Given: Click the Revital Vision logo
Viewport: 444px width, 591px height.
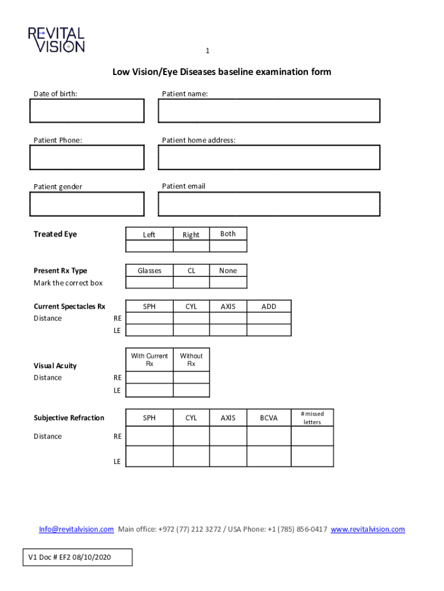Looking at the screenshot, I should click(x=57, y=40).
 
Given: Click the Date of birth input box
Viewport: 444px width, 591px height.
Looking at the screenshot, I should click(x=86, y=111).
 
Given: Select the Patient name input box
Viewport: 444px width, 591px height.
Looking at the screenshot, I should click(x=269, y=111).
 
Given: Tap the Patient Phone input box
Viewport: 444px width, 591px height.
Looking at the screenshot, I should click(x=86, y=157).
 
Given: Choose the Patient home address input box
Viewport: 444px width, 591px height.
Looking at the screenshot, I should click(x=269, y=157).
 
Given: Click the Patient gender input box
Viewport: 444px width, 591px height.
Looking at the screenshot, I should click(x=86, y=204).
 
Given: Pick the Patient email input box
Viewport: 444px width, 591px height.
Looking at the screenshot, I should click(x=269, y=204).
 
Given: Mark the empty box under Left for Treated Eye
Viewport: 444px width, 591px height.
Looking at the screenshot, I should click(x=149, y=246).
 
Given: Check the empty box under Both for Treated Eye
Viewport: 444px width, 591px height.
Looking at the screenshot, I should click(x=228, y=246).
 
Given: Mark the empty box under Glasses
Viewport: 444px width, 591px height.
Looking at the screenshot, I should click(x=149, y=282).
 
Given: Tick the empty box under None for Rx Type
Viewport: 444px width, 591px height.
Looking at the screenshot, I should click(x=228, y=282).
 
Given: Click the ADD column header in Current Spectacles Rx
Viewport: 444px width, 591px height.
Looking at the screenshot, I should click(x=269, y=306).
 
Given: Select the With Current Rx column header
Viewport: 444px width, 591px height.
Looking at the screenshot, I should click(x=149, y=360).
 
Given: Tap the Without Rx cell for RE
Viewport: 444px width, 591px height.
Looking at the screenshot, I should click(x=191, y=377).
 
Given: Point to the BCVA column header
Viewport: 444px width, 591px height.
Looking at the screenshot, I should click(x=269, y=418).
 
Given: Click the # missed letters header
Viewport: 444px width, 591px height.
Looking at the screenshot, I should click(x=312, y=418).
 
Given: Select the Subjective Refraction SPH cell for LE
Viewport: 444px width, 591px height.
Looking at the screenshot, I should click(x=149, y=456).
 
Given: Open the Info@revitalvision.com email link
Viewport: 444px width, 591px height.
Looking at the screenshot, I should click(x=76, y=529).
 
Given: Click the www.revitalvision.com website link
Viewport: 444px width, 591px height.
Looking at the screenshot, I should click(x=367, y=529).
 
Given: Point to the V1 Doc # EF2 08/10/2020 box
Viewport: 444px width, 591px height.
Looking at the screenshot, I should click(x=78, y=557).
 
